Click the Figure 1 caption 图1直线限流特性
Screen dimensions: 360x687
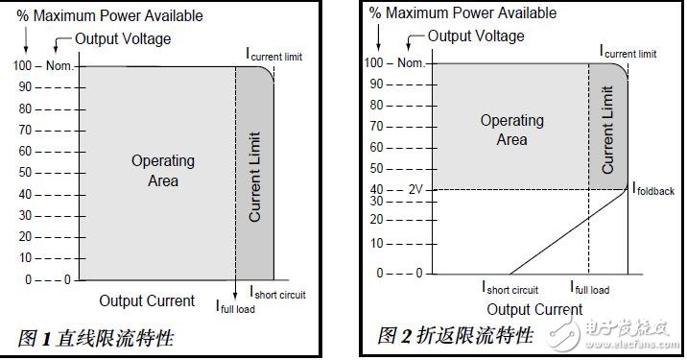point(96,337)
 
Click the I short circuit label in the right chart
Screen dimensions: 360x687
point(509,287)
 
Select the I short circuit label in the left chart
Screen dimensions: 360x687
point(278,293)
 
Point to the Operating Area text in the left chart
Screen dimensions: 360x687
point(162,170)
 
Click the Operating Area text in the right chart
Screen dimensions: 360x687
point(511,130)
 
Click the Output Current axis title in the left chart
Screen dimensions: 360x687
point(147,300)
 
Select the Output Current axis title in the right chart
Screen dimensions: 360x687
point(534,309)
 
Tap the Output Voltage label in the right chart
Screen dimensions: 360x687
point(476,36)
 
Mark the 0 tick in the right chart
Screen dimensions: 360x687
point(381,273)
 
